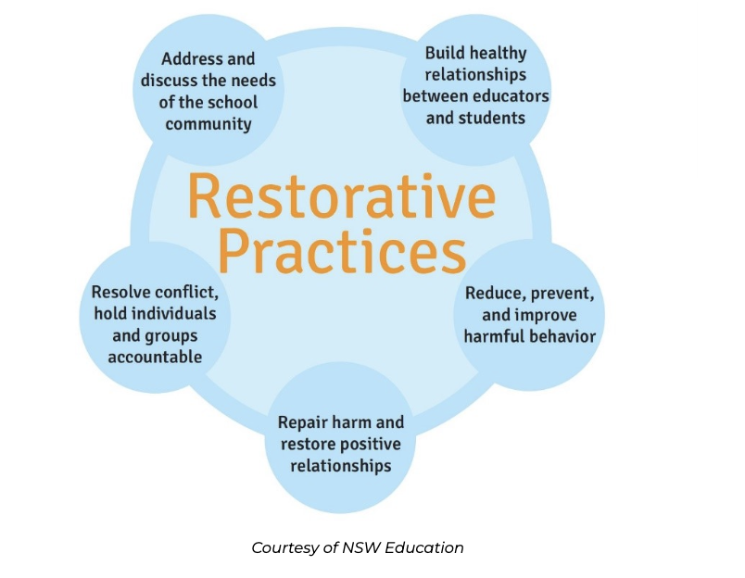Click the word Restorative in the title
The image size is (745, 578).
tap(341, 197)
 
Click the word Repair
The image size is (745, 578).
tap(304, 422)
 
